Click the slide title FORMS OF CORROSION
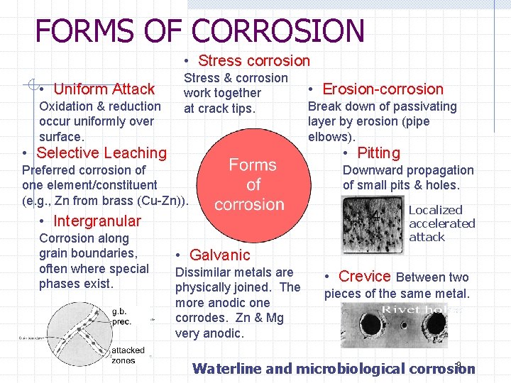tap(199, 30)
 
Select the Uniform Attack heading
tap(104, 89)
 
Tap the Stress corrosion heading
tap(253, 61)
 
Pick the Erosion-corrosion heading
tap(383, 89)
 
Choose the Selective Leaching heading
tap(101, 152)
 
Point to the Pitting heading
tap(378, 152)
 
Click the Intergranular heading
tap(97, 221)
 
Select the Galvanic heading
tap(219, 255)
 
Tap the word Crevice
tap(365, 276)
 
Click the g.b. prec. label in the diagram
tap(121, 316)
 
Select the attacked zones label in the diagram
tap(128, 355)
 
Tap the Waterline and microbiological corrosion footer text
tap(334, 368)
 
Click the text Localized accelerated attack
tap(441, 223)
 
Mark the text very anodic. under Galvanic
tap(209, 333)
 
